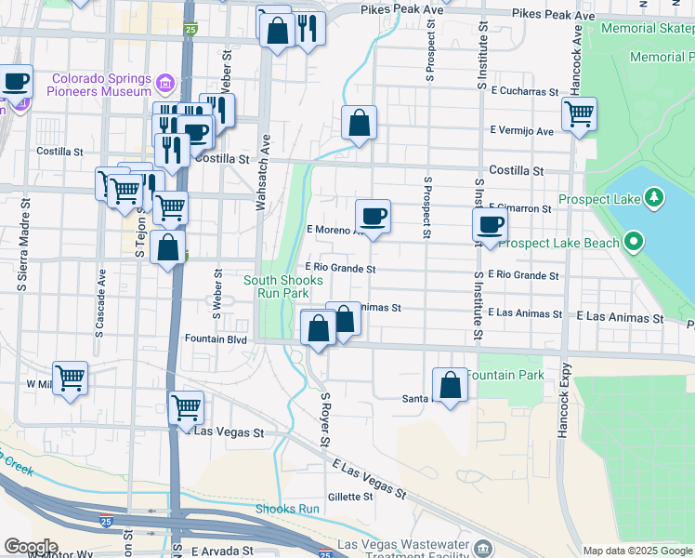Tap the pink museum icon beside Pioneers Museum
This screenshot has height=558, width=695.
(x=164, y=85)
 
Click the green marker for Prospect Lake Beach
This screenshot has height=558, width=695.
(x=635, y=244)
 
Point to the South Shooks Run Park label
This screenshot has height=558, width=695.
(x=283, y=286)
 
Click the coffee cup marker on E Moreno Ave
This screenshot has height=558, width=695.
(x=373, y=217)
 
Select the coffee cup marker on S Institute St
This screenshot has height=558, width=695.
(x=490, y=224)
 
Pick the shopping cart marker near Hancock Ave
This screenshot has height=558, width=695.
(x=579, y=114)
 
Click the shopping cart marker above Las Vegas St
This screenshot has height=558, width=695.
(x=186, y=406)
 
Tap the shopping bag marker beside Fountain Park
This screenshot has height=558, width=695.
(x=450, y=386)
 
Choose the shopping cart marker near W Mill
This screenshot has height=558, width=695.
(x=70, y=378)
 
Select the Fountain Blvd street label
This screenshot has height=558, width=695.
(x=216, y=339)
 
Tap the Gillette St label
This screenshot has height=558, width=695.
(x=349, y=497)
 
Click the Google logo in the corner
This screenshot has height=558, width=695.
(x=30, y=547)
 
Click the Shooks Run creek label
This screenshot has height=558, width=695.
(x=287, y=509)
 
